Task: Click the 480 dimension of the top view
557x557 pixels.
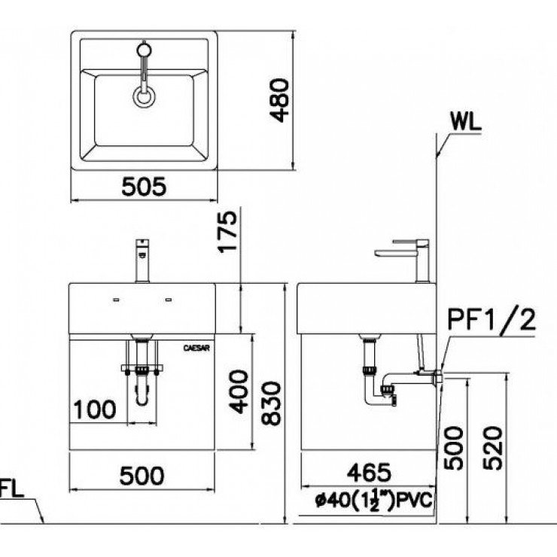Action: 279,100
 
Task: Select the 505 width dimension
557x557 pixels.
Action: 142,187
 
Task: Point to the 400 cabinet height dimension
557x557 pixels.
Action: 238,391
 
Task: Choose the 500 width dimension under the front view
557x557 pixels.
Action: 142,476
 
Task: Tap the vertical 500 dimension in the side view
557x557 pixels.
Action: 452,448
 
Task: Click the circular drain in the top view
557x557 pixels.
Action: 143,96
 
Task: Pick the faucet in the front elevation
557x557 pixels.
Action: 141,260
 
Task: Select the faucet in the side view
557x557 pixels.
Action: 406,256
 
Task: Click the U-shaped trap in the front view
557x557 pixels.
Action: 142,391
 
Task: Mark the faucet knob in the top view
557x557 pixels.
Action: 143,51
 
